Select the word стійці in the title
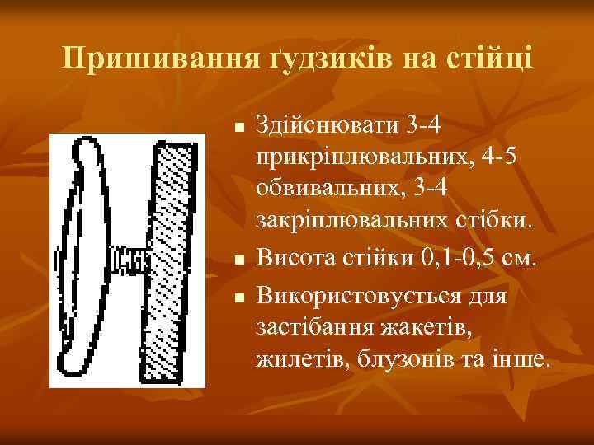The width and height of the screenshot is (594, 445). click(493, 59)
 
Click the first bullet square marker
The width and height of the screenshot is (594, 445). click(238, 129)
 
